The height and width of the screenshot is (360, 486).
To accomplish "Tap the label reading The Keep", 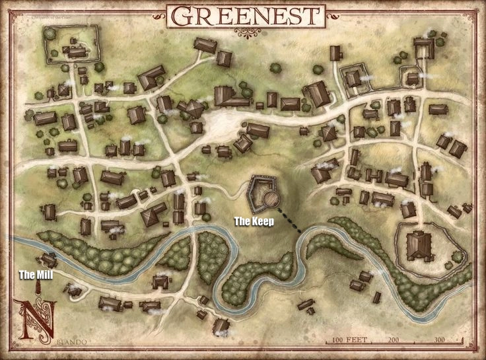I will (254, 222).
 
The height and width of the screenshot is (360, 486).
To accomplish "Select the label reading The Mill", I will (35, 275).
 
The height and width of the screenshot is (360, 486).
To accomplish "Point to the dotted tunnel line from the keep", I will (289, 220).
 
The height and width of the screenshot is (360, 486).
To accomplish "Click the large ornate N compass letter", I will (34, 321).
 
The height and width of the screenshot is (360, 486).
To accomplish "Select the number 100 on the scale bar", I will (338, 340).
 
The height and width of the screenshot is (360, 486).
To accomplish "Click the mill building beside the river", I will (48, 260).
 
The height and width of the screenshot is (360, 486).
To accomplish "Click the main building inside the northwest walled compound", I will (77, 51).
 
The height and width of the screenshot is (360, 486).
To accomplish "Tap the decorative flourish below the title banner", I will (245, 33).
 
